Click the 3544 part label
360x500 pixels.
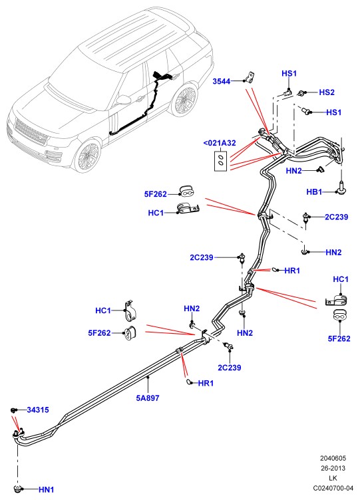pyautogui.click(x=222, y=81)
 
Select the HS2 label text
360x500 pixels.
pyautogui.click(x=327, y=92)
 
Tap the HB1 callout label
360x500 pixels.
pyautogui.click(x=314, y=192)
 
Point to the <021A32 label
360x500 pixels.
pyautogui.click(x=220, y=143)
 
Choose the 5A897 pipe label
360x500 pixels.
pyautogui.click(x=148, y=398)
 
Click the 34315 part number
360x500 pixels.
pyautogui.click(x=38, y=410)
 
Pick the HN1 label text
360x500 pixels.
pyautogui.click(x=47, y=489)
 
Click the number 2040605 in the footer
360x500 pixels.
pyautogui.click(x=333, y=458)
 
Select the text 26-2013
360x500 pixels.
pyautogui.click(x=333, y=468)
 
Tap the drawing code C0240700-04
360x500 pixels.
pyautogui.click(x=333, y=488)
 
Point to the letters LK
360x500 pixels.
pyautogui.click(x=333, y=478)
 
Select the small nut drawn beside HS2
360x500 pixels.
pyautogui.click(x=301, y=93)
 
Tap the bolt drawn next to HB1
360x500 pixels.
pyautogui.click(x=341, y=187)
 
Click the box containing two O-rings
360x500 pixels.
pyautogui.click(x=220, y=160)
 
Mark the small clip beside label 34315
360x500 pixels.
pyautogui.click(x=13, y=410)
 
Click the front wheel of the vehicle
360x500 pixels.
pyautogui.click(x=89, y=156)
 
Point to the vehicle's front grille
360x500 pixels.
pyautogui.click(x=31, y=132)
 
